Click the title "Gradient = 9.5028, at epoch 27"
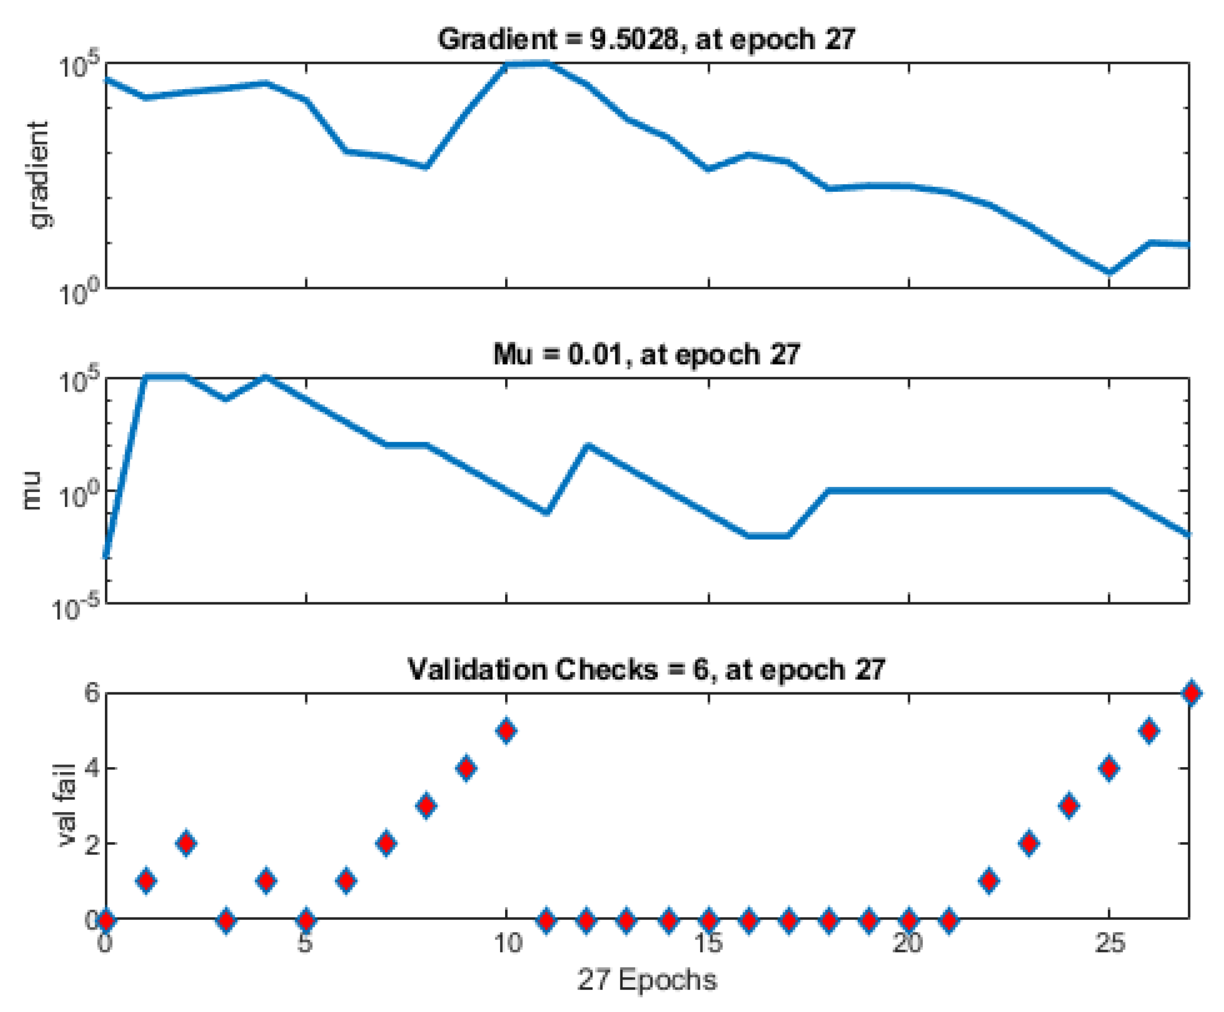[x=646, y=40]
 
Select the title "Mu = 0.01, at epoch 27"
[x=646, y=354]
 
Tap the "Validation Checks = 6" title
[x=646, y=669]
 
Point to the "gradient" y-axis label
[x=40, y=175]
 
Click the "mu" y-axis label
[x=32, y=490]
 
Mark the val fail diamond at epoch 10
[x=506, y=731]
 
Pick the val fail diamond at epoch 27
[x=1191, y=693]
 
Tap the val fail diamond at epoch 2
[x=186, y=843]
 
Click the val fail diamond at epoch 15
[x=708, y=921]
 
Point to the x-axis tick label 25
[x=1109, y=942]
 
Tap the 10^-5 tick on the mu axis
[x=76, y=609]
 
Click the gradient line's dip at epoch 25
[x=1109, y=271]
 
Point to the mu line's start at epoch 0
[x=106, y=557]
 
